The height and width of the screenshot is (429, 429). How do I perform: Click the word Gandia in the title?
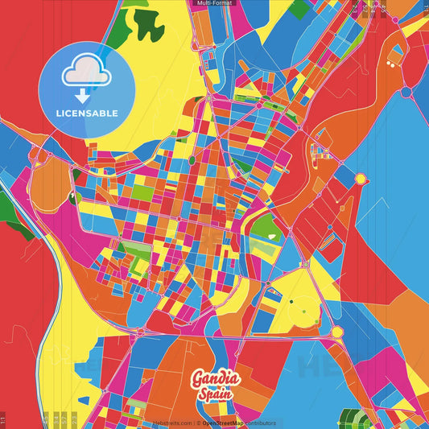point(215,378)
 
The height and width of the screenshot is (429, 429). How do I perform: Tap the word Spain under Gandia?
point(215,394)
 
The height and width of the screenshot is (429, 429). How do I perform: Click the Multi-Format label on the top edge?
point(214,3)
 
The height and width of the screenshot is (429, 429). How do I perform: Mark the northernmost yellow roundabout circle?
point(361,179)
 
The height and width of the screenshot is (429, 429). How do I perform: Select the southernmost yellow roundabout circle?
point(337,332)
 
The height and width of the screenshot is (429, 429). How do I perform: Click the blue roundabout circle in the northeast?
point(406,93)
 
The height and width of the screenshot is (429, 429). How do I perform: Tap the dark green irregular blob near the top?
point(148,27)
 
